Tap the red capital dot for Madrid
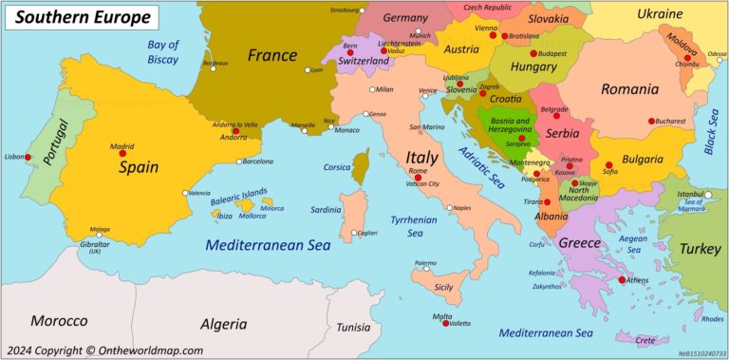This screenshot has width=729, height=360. pyautogui.click(x=121, y=154)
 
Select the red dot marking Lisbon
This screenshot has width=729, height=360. pyautogui.click(x=28, y=157)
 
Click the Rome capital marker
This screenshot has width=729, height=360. pyautogui.click(x=417, y=178)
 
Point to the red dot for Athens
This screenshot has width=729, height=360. pyautogui.click(x=622, y=280)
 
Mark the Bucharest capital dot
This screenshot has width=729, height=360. pyautogui.click(x=651, y=121)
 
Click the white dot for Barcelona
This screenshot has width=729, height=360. pyautogui.click(x=239, y=161)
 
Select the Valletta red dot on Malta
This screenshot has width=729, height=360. pyautogui.click(x=445, y=323)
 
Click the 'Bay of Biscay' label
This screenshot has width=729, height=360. pyautogui.click(x=162, y=51)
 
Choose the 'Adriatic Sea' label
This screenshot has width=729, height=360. pyautogui.click(x=478, y=170)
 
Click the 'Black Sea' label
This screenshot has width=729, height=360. pyautogui.click(x=712, y=130)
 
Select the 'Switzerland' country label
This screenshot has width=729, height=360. pyautogui.click(x=364, y=61)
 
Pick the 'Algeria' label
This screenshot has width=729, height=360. pyautogui.click(x=224, y=322)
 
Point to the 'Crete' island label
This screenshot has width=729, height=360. pyautogui.click(x=645, y=340)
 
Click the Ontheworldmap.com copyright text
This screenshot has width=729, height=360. pyautogui.click(x=104, y=350)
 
